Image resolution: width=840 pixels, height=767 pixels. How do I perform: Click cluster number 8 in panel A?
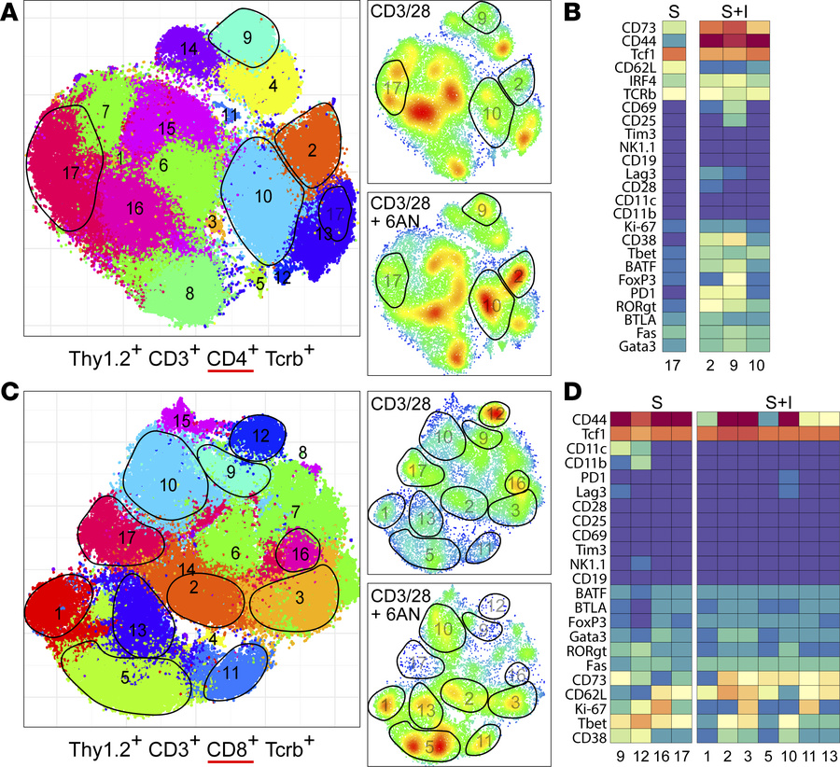tap(189, 293)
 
